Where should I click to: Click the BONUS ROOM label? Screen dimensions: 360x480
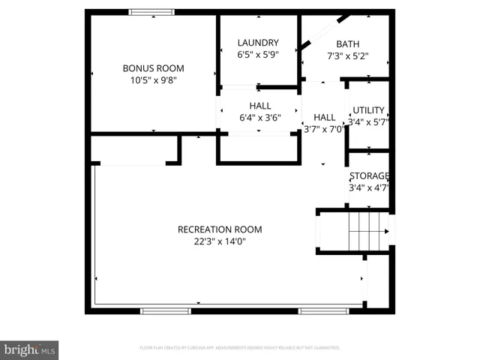pyautogui.click(x=154, y=68)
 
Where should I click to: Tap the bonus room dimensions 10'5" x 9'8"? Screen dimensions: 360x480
pyautogui.click(x=154, y=79)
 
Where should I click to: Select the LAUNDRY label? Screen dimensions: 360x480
pyautogui.click(x=258, y=43)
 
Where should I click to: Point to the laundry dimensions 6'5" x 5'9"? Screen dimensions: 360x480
pyautogui.click(x=258, y=55)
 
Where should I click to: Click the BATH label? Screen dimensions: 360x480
pyautogui.click(x=347, y=44)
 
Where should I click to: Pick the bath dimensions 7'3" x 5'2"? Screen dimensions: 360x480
pyautogui.click(x=347, y=55)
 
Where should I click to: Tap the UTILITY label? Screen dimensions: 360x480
pyautogui.click(x=368, y=110)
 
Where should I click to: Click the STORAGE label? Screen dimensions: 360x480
pyautogui.click(x=369, y=176)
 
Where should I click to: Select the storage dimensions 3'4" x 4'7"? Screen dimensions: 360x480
pyautogui.click(x=369, y=187)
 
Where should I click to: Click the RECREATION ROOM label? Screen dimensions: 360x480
pyautogui.click(x=220, y=229)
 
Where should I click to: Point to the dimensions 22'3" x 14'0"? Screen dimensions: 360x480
pyautogui.click(x=220, y=241)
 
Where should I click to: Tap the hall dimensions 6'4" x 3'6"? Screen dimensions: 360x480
pyautogui.click(x=255, y=118)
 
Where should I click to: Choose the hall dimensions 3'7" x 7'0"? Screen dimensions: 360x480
pyautogui.click(x=324, y=128)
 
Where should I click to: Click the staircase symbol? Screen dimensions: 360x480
pyautogui.click(x=367, y=230)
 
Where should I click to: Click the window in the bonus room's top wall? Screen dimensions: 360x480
pyautogui.click(x=152, y=12)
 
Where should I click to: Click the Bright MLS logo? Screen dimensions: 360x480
pyautogui.click(x=30, y=349)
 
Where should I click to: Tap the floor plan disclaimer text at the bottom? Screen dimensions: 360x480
pyautogui.click(x=240, y=348)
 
